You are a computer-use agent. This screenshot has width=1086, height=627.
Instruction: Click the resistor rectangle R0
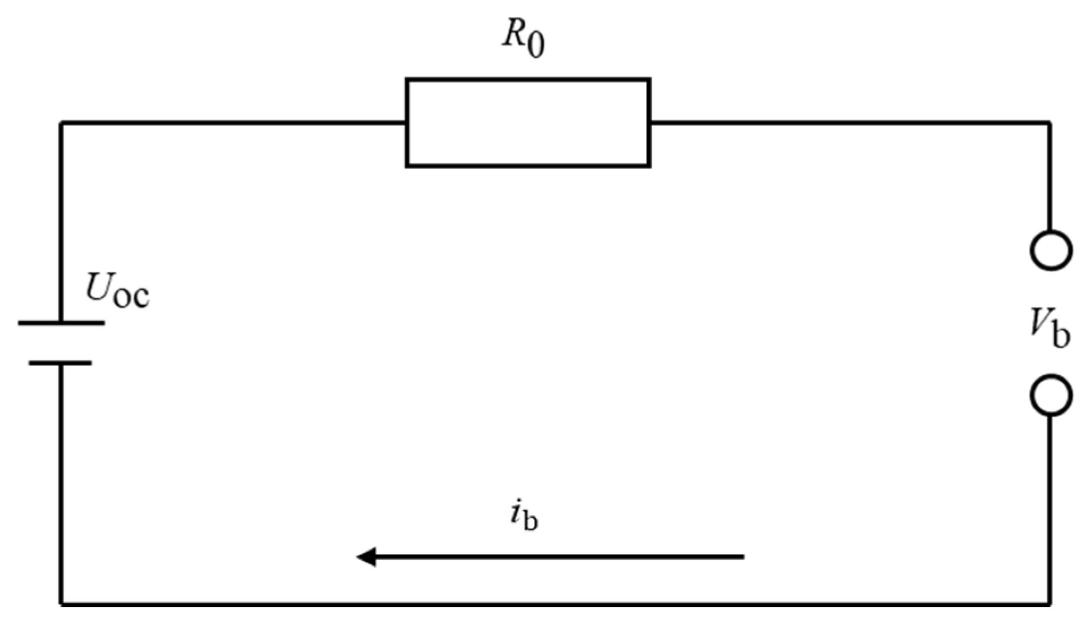(527, 122)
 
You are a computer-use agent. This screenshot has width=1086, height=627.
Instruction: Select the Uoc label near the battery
(117, 291)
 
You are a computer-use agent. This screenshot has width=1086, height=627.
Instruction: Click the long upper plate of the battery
(61, 323)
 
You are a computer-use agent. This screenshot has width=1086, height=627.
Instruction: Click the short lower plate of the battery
(60, 363)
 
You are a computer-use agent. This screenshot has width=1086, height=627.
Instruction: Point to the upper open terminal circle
(1051, 250)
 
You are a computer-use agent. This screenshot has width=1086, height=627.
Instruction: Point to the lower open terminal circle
(1051, 395)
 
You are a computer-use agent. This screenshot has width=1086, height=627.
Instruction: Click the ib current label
(523, 517)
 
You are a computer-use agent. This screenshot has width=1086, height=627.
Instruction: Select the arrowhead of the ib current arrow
(365, 557)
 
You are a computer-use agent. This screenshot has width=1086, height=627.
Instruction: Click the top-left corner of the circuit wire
(61, 122)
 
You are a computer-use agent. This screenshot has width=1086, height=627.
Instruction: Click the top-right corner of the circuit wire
(1050, 122)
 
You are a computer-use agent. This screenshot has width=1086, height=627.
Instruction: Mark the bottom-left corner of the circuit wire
(61, 604)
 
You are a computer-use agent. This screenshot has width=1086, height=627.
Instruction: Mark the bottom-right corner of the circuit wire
(1050, 604)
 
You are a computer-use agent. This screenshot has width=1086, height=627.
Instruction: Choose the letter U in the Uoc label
(97, 287)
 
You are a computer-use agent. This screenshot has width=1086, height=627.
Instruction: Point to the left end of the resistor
(407, 122)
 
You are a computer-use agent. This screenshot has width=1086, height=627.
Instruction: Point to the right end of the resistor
(649, 122)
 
